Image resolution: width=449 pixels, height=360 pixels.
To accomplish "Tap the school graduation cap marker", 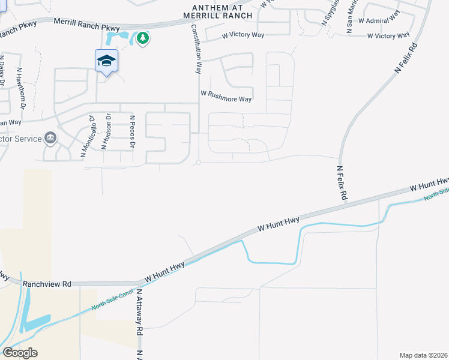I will [x=106, y=61].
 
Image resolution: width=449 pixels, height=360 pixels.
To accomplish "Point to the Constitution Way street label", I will [x=196, y=49].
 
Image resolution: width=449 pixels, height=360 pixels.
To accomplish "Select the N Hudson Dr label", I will [x=106, y=132].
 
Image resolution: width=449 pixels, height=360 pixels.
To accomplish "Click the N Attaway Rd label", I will [x=139, y=312].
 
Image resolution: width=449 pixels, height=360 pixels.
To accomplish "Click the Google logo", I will [x=20, y=353].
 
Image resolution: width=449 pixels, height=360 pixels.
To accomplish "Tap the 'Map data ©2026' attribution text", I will [x=423, y=355].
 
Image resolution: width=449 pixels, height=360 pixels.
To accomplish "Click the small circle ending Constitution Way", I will [x=197, y=162].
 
